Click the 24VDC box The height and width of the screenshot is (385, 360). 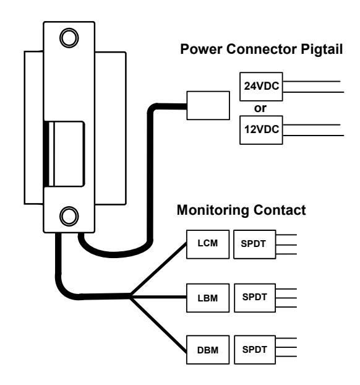tap(261, 87)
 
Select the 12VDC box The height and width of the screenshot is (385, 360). tap(261, 130)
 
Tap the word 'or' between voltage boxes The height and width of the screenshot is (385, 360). tap(260, 108)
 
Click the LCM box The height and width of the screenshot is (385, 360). tap(208, 244)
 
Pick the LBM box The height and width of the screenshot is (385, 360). tap(208, 298)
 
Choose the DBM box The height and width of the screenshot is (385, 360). tap(208, 350)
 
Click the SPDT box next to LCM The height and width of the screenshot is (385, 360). tap(255, 244)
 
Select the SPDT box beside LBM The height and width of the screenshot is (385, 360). tap(255, 298)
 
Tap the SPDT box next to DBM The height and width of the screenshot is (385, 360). tap(255, 350)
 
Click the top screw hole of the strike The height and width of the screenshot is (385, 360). tap(69, 38)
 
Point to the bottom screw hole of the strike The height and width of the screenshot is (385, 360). tap(69, 216)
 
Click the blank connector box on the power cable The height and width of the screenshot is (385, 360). tap(208, 106)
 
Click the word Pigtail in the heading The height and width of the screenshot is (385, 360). tap(322, 50)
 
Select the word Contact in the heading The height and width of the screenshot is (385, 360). tap(280, 210)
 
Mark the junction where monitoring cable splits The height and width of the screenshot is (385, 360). tap(130, 296)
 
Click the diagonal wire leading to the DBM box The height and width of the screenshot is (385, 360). tap(158, 325)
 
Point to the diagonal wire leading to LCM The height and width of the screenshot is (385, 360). tap(158, 269)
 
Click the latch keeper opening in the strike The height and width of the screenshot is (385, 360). tap(66, 154)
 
